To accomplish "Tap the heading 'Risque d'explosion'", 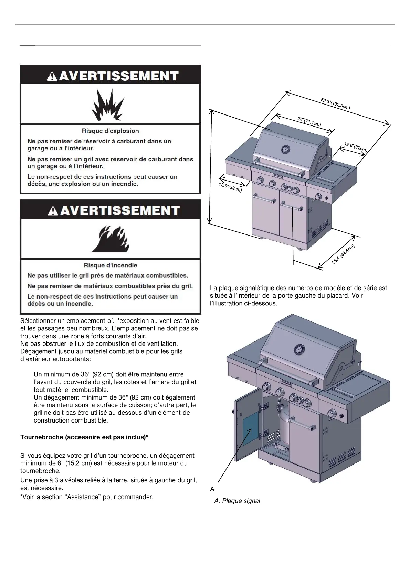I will (110, 131).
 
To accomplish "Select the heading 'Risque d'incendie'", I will (110, 265).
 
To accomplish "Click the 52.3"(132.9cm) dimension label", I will (335, 104).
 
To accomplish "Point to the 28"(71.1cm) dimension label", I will (309, 122).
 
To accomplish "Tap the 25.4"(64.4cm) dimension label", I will (343, 254).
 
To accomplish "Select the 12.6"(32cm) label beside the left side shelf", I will (230, 187).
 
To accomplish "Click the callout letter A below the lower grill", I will (212, 489).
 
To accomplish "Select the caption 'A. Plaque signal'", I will (237, 501).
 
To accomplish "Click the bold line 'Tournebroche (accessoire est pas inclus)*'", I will (84, 437).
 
